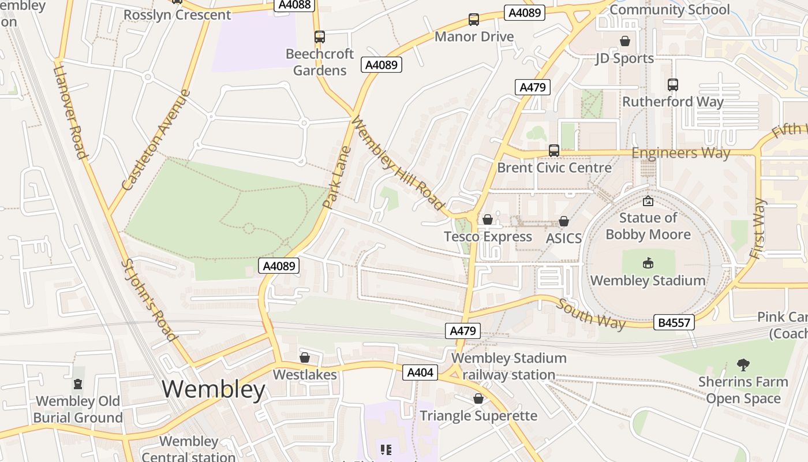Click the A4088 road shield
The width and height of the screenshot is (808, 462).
click(294, 5)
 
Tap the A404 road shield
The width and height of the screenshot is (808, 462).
click(420, 372)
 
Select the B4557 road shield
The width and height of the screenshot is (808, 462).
click(674, 322)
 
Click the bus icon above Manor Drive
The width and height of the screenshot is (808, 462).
click(474, 20)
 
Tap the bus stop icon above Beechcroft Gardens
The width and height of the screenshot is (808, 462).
click(320, 37)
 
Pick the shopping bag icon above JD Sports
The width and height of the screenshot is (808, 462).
click(624, 41)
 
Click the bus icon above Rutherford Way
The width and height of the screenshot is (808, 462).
click(673, 85)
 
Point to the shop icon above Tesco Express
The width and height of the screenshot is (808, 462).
click(488, 219)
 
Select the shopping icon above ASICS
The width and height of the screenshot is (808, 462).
click(564, 221)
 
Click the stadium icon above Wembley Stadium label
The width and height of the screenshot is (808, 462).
click(648, 263)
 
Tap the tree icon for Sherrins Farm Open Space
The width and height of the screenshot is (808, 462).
click(743, 364)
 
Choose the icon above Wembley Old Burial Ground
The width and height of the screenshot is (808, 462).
click(78, 384)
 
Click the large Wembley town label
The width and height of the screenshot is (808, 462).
click(214, 390)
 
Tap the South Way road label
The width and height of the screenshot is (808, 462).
click(590, 314)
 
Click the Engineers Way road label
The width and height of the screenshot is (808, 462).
click(681, 153)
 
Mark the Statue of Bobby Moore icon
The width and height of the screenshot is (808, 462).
click(648, 201)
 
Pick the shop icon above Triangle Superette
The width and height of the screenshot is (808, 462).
click(478, 398)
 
